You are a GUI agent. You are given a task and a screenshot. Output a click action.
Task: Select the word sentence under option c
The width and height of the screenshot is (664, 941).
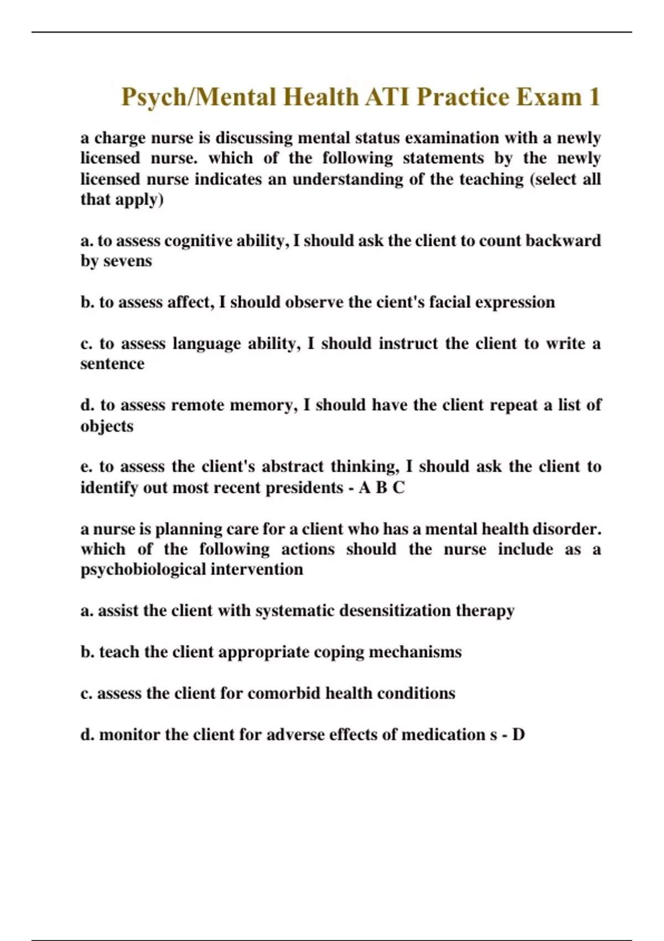point(112,364)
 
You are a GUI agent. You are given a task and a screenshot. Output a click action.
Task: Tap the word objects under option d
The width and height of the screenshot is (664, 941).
point(107,426)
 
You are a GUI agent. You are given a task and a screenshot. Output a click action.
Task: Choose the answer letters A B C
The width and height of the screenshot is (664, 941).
point(382,488)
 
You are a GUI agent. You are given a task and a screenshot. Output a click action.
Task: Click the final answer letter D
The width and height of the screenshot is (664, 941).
point(518,735)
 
